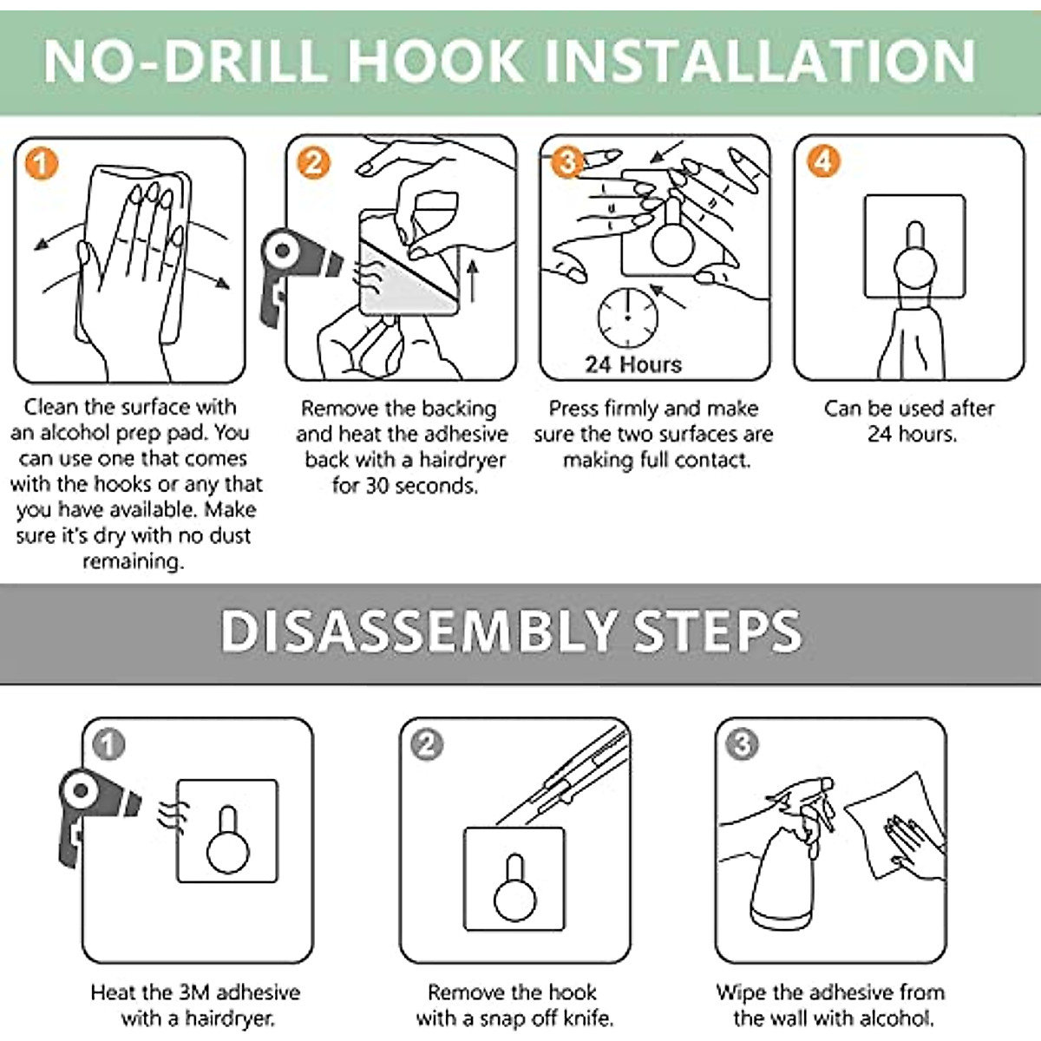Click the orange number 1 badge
tap(42, 164)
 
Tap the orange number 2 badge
tap(313, 162)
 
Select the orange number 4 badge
tap(822, 161)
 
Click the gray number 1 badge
tap(108, 744)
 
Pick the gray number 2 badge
tap(427, 744)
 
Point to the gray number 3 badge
tap(743, 743)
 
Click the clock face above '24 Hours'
tap(628, 318)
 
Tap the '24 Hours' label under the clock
tap(633, 364)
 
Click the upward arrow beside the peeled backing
tap(473, 281)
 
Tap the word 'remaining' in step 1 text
tap(134, 561)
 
